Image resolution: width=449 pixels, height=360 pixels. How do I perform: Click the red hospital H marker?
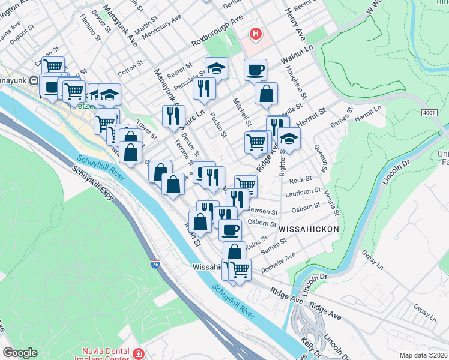(256, 34)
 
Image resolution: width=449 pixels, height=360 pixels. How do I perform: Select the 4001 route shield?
(429, 112)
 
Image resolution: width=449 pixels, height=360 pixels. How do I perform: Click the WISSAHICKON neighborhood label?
(309, 229)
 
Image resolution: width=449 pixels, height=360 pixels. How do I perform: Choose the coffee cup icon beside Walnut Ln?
(255, 70)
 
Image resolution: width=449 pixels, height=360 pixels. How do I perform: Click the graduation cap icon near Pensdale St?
(216, 68)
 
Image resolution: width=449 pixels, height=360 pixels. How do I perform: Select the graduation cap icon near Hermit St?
(289, 138)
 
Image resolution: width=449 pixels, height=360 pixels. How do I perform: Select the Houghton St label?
(301, 86)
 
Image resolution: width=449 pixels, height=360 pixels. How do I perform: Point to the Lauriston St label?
(303, 192)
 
